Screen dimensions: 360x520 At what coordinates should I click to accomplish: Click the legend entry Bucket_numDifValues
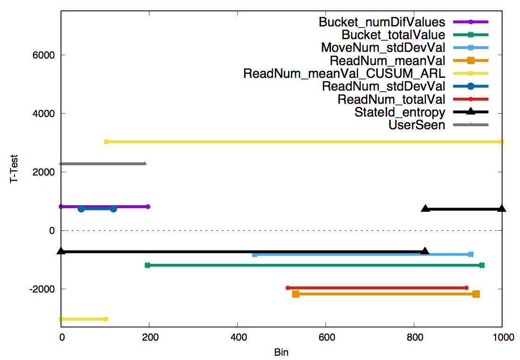point(382,22)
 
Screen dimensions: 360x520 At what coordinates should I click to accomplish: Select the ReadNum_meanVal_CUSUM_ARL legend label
point(344,74)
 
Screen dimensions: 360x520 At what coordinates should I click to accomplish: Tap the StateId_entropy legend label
point(400,112)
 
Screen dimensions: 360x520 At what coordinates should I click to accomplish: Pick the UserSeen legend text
point(417,125)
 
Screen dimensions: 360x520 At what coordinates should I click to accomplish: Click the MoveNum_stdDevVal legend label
point(383,48)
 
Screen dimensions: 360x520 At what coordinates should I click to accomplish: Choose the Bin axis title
point(281,352)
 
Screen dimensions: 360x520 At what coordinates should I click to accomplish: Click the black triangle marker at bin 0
point(61,251)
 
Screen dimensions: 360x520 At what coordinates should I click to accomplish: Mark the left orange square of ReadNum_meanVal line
point(296,294)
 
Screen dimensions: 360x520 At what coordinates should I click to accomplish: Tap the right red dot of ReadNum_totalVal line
point(466,288)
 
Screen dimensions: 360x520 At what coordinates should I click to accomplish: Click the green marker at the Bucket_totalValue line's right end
point(481,265)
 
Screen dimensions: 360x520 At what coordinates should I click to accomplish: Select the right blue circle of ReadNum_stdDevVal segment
point(113,209)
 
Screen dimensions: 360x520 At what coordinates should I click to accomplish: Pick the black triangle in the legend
point(470,112)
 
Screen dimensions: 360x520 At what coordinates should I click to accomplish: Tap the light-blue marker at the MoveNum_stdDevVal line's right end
point(470,254)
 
